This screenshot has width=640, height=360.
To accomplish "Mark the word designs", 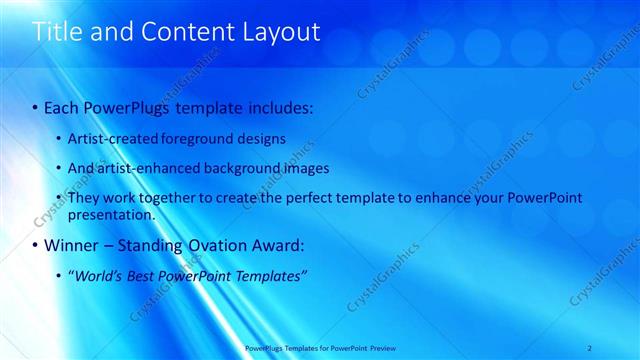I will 263,138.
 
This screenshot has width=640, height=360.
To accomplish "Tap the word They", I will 84,198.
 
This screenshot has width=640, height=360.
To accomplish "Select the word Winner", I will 71,245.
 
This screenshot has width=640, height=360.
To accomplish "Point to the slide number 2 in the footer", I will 590,348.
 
